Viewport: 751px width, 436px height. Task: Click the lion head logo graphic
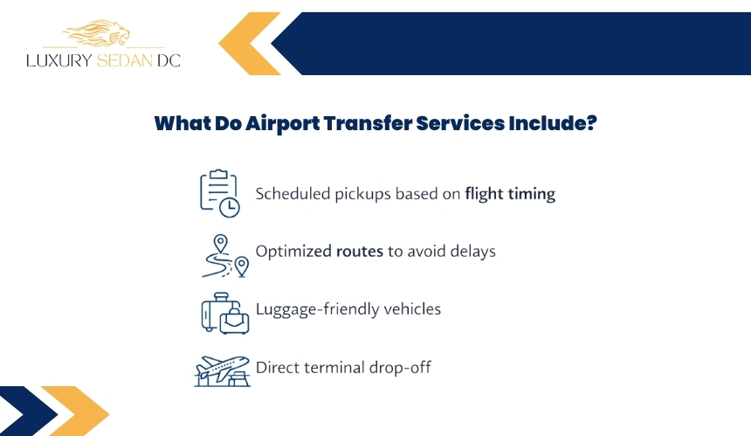tap(96, 33)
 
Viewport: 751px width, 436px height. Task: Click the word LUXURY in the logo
tap(59, 60)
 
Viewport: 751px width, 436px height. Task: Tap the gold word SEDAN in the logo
tap(125, 60)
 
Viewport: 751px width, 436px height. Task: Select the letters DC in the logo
tap(169, 60)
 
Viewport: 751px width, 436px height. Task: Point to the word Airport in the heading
tap(282, 123)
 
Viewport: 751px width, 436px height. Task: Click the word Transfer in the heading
tap(368, 123)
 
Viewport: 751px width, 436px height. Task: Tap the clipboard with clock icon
tap(220, 193)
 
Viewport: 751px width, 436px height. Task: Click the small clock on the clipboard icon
tap(230, 207)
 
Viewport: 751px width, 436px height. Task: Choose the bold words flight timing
tap(510, 194)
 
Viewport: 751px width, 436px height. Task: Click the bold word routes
tap(360, 252)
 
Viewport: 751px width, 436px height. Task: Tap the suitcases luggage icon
tap(225, 313)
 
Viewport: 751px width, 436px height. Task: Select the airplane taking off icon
tap(222, 370)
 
